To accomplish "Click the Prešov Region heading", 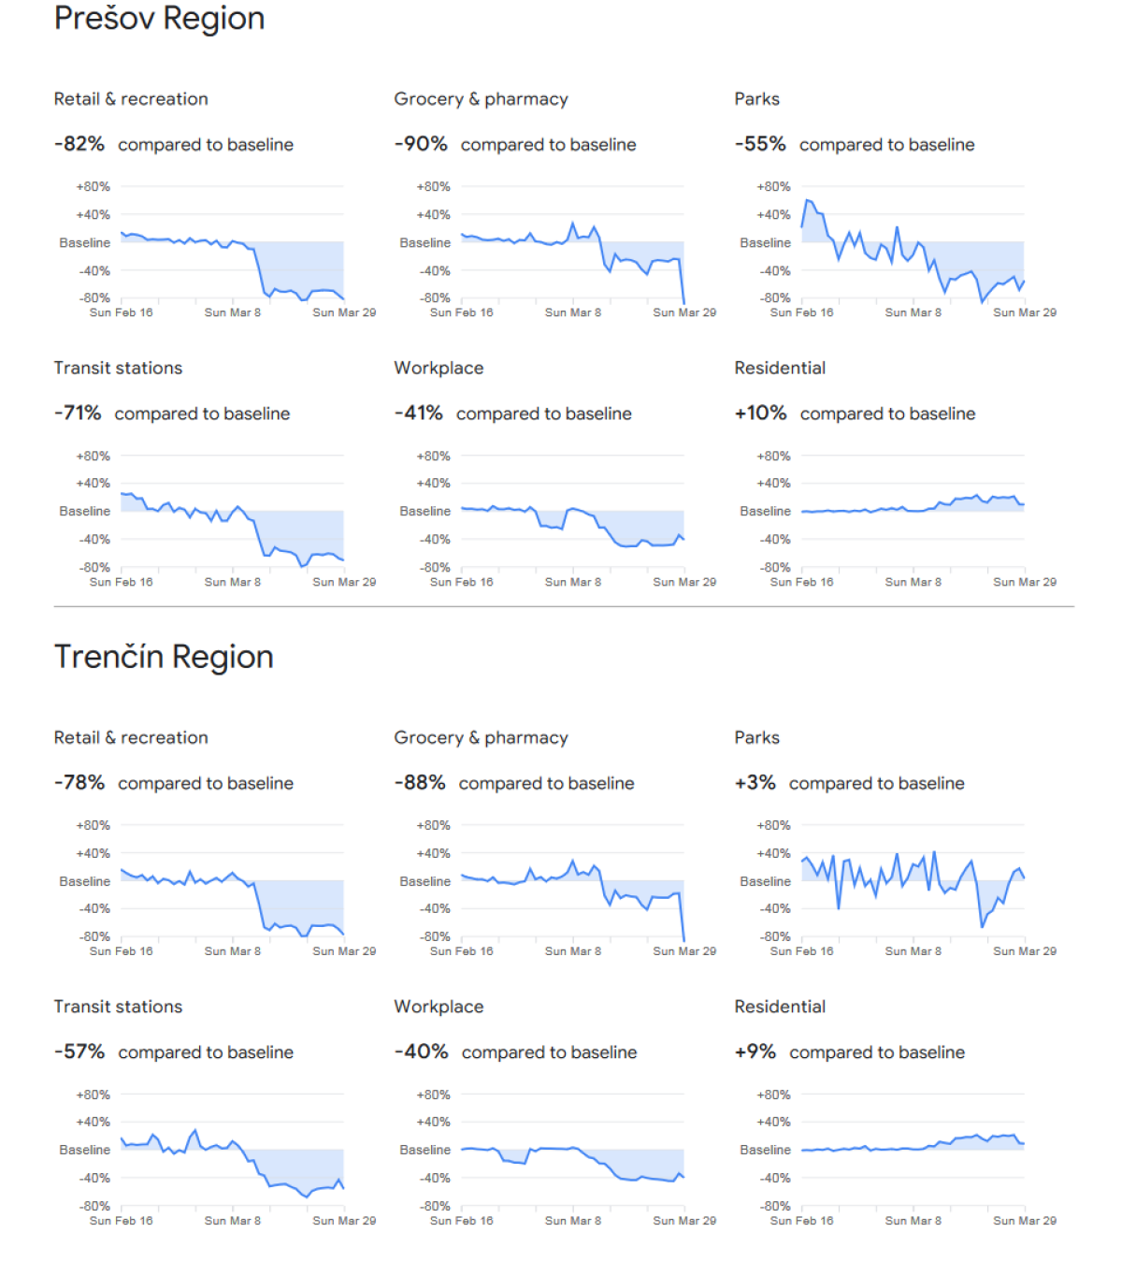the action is [159, 19].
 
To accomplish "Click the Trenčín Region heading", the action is [164, 657].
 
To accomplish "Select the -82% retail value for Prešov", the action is [79, 144].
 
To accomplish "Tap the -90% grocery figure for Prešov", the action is [421, 144].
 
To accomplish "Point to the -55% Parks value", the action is [760, 144].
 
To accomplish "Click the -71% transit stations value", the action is [78, 413].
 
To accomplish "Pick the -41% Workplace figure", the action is [418, 413].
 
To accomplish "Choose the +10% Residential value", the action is [760, 413].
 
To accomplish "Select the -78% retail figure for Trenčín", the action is [79, 782].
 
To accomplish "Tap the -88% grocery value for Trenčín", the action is [420, 782].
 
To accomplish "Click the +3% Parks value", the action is [755, 782].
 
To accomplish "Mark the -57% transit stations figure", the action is [79, 1051].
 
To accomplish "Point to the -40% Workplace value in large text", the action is [422, 1051].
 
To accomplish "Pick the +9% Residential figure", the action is [755, 1051].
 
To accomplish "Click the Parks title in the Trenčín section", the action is [756, 737].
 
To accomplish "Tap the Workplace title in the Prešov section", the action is [439, 369].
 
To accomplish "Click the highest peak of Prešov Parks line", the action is [807, 200].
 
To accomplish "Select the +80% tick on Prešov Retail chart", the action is [93, 186].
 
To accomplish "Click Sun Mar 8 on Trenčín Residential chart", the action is [913, 1221].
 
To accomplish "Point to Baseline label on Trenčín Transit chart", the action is [85, 1150].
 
